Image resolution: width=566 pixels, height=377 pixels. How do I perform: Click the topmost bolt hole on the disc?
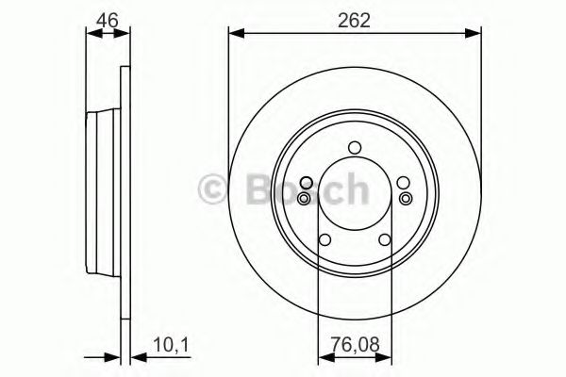(x=354, y=147)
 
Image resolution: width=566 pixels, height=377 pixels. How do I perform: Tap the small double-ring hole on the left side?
(x=304, y=198)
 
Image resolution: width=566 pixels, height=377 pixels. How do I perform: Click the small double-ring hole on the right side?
(x=405, y=198)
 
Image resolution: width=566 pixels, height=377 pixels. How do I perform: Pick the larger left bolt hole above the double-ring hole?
(x=305, y=183)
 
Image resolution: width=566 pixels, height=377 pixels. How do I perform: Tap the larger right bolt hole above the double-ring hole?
(x=403, y=183)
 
